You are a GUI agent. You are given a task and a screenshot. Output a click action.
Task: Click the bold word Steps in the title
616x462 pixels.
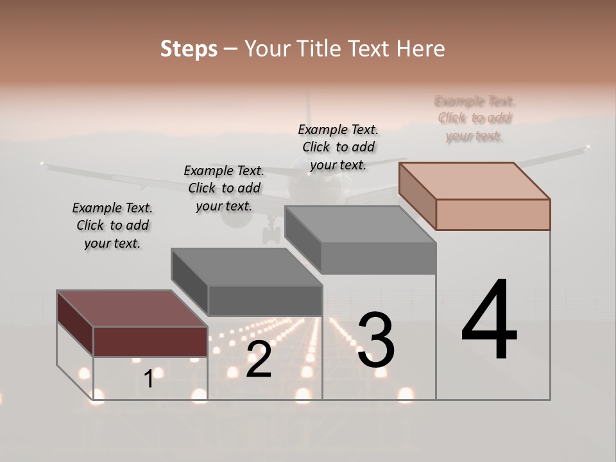coord(189,49)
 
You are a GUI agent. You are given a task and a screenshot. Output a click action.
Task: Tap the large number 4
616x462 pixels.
coord(490,321)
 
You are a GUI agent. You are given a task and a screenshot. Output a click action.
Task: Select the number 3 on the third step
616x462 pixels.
coord(376,341)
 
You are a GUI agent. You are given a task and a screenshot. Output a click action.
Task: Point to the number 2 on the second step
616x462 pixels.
coord(259,360)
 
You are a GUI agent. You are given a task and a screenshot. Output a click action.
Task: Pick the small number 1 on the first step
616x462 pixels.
coord(149,379)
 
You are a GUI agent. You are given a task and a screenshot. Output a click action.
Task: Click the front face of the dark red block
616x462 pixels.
coord(150,341)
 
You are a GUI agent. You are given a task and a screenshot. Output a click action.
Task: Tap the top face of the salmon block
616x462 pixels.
coord(475,180)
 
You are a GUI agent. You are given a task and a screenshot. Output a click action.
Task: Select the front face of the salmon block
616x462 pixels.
coord(493,214)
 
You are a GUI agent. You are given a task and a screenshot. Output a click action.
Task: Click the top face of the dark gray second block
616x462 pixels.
coord(246,266)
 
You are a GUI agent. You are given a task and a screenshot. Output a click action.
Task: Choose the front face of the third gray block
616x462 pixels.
coord(378,259)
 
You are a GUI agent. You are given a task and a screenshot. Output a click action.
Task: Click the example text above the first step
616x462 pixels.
coord(112,225)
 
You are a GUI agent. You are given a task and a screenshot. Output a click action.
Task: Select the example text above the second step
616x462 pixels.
coord(224,188)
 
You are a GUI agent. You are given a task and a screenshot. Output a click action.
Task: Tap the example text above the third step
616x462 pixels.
coord(338,147)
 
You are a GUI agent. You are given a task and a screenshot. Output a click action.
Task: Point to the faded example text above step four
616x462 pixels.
coord(474,118)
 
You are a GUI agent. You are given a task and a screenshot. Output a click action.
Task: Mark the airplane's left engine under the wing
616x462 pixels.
coord(237,216)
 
